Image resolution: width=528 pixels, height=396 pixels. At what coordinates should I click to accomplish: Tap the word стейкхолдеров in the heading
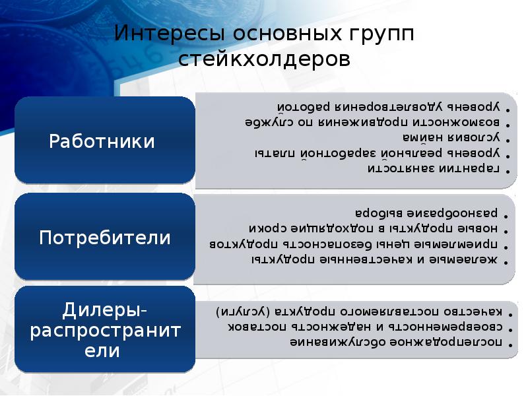click(x=264, y=59)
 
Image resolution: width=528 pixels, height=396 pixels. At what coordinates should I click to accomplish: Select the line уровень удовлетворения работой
click(x=389, y=108)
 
